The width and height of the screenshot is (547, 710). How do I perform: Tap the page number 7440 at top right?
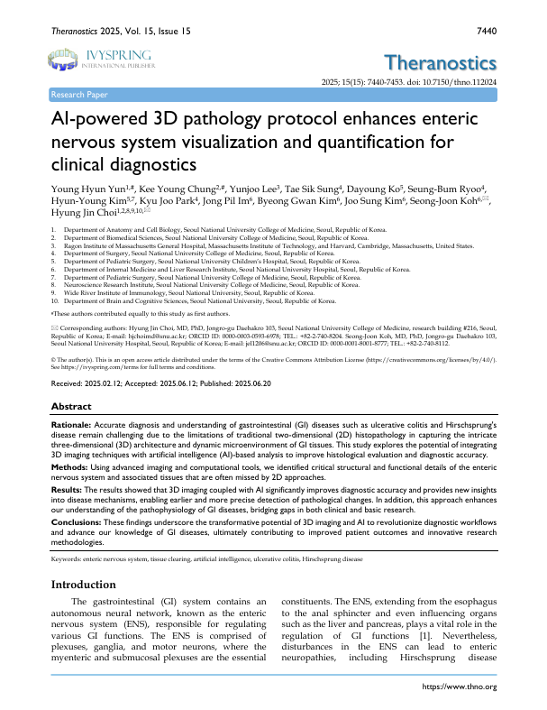pyautogui.click(x=485, y=31)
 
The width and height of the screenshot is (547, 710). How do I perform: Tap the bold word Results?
pyautogui.click(x=70, y=493)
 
